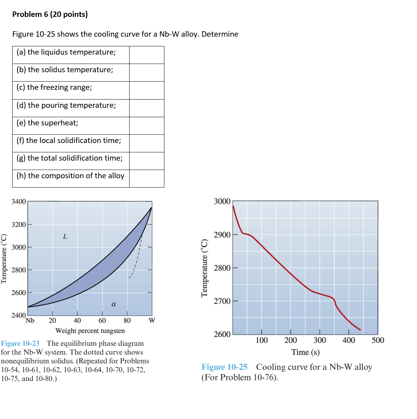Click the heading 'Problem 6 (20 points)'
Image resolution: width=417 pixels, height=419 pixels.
pos(50,14)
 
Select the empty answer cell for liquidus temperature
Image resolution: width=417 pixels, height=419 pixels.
pos(146,55)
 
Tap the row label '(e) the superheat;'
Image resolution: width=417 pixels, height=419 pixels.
pos(47,123)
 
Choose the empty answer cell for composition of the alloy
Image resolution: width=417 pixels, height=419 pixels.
pos(146,179)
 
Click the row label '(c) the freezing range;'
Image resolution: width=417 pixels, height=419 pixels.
pos(54,87)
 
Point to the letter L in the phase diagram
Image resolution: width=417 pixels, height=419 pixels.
pos(65,236)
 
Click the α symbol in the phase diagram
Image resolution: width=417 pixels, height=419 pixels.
pos(114,304)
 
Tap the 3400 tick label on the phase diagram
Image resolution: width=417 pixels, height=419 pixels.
pos(19,202)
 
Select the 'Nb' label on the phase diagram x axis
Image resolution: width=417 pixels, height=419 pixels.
pos(30,321)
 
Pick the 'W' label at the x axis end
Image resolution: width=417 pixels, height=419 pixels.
pos(152,321)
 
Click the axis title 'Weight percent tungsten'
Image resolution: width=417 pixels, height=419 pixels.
pos(90,331)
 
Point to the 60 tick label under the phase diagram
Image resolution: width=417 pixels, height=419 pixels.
pos(102,321)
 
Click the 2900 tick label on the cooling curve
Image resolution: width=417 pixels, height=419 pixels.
pos(222,235)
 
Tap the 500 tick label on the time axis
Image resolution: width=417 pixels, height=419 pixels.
pos(378,340)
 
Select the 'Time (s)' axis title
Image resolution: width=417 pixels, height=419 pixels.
pos(305,352)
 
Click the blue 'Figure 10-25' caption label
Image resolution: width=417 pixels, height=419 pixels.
pos(224,367)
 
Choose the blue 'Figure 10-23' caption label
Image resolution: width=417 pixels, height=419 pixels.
pos(20,344)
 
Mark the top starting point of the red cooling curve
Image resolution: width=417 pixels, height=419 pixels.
pos(233,206)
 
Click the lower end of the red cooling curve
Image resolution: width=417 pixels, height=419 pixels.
pos(360,330)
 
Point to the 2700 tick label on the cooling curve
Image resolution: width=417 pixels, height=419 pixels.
pos(222,301)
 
